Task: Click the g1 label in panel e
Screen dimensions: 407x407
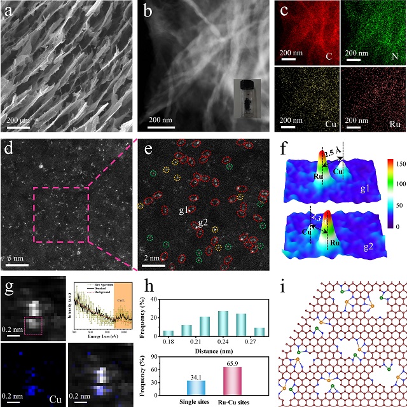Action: pos(186,209)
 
